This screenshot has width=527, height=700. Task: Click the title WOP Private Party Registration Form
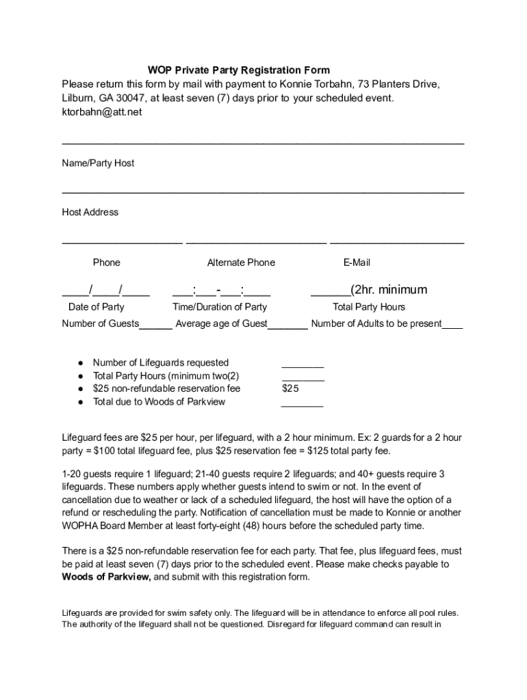coord(239,70)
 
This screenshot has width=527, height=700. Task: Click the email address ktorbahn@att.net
coord(102,112)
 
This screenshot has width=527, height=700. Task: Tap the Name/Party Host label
coord(98,163)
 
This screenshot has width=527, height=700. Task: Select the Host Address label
coord(90,213)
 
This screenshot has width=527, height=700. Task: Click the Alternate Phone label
coord(241,262)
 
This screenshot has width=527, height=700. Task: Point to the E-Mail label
coord(357,262)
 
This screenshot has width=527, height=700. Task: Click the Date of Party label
coord(96,307)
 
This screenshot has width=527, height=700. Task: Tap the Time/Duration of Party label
coord(220,307)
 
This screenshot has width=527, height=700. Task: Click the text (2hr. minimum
coord(389,290)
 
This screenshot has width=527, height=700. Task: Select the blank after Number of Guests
coord(155,326)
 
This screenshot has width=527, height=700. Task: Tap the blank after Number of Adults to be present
coord(452,326)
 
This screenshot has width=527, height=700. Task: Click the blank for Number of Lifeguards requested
coord(303,365)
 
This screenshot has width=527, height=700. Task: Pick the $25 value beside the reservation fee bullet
coord(290,389)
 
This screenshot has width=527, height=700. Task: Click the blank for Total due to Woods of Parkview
coord(302,404)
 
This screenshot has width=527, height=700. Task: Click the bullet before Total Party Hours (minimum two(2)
coord(80,376)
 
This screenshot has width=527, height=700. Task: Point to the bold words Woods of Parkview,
coord(106,577)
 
